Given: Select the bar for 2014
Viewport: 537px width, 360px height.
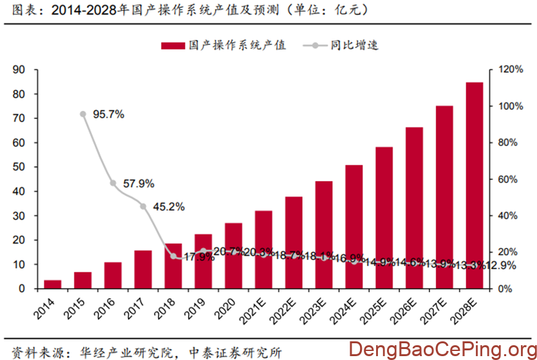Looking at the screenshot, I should [x=53, y=284].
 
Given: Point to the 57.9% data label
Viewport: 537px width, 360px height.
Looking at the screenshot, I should [x=138, y=184].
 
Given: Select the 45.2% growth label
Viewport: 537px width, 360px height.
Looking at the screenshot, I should [x=169, y=207].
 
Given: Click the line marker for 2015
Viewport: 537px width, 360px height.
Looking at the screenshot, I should [x=83, y=114].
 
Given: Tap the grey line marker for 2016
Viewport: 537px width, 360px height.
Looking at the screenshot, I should [x=113, y=183].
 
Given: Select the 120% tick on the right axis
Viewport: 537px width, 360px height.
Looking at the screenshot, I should [x=502, y=70].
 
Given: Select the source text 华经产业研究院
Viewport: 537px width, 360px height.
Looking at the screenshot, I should [x=123, y=352].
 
